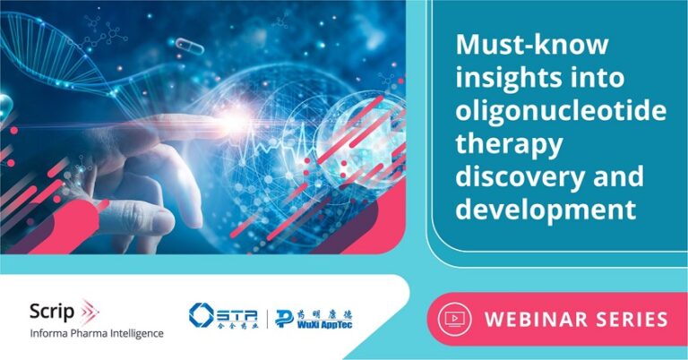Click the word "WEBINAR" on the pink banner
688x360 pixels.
[x=536, y=320]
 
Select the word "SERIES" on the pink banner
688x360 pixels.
[x=631, y=320]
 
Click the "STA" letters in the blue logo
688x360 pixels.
[x=236, y=314]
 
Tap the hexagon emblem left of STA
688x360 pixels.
[x=202, y=315]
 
